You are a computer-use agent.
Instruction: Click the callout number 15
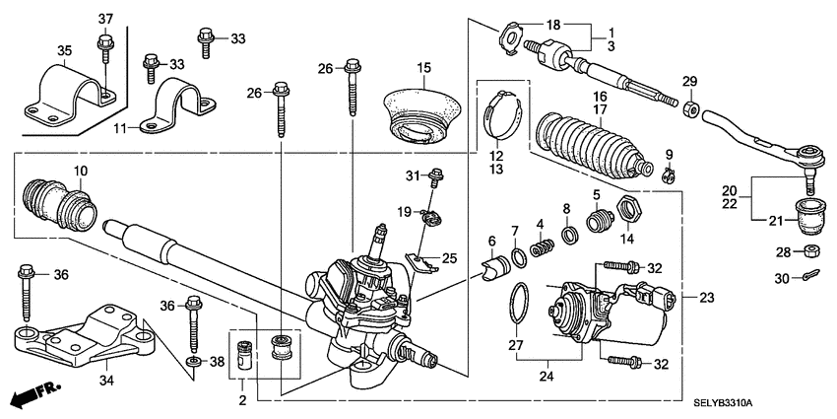(x=423, y=68)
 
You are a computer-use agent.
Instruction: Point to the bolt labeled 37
(x=104, y=44)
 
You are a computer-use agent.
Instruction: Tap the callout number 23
(x=705, y=298)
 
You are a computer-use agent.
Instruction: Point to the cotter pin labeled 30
(x=809, y=276)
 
